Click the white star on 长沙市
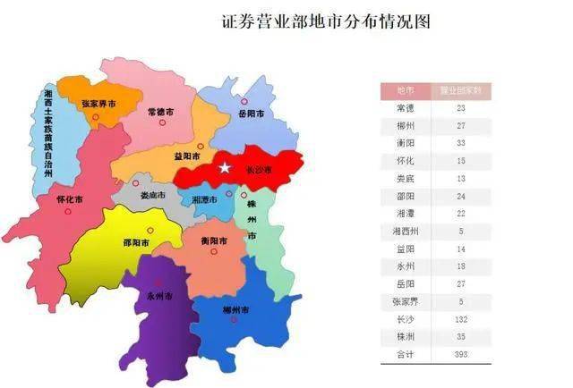(x=225, y=168)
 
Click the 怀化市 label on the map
(x=69, y=198)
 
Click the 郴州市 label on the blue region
(x=235, y=309)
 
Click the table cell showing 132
(x=460, y=319)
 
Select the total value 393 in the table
(x=460, y=356)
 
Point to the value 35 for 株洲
(x=460, y=338)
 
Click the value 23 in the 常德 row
(x=460, y=108)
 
